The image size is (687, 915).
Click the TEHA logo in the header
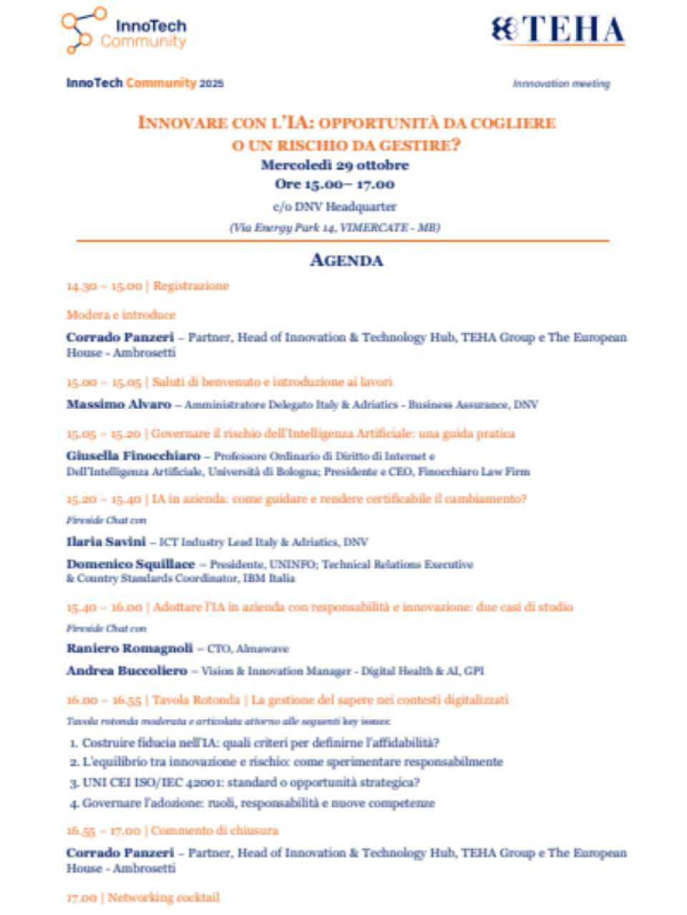tap(558, 30)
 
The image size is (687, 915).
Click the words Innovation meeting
tap(561, 84)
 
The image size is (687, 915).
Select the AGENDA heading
tap(346, 260)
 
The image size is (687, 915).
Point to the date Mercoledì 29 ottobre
tap(335, 165)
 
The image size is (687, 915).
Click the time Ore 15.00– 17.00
tap(335, 184)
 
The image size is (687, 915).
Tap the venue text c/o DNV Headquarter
tap(335, 207)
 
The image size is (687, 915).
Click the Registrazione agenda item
tap(190, 286)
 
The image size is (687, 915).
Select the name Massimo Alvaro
tap(119, 405)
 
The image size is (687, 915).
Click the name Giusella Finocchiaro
tap(134, 456)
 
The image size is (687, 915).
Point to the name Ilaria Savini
tap(106, 542)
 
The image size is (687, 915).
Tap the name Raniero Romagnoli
tap(130, 648)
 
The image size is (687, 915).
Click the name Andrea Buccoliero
tap(127, 671)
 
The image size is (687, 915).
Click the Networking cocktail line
tap(163, 897)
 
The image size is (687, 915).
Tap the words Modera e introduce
tap(121, 315)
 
